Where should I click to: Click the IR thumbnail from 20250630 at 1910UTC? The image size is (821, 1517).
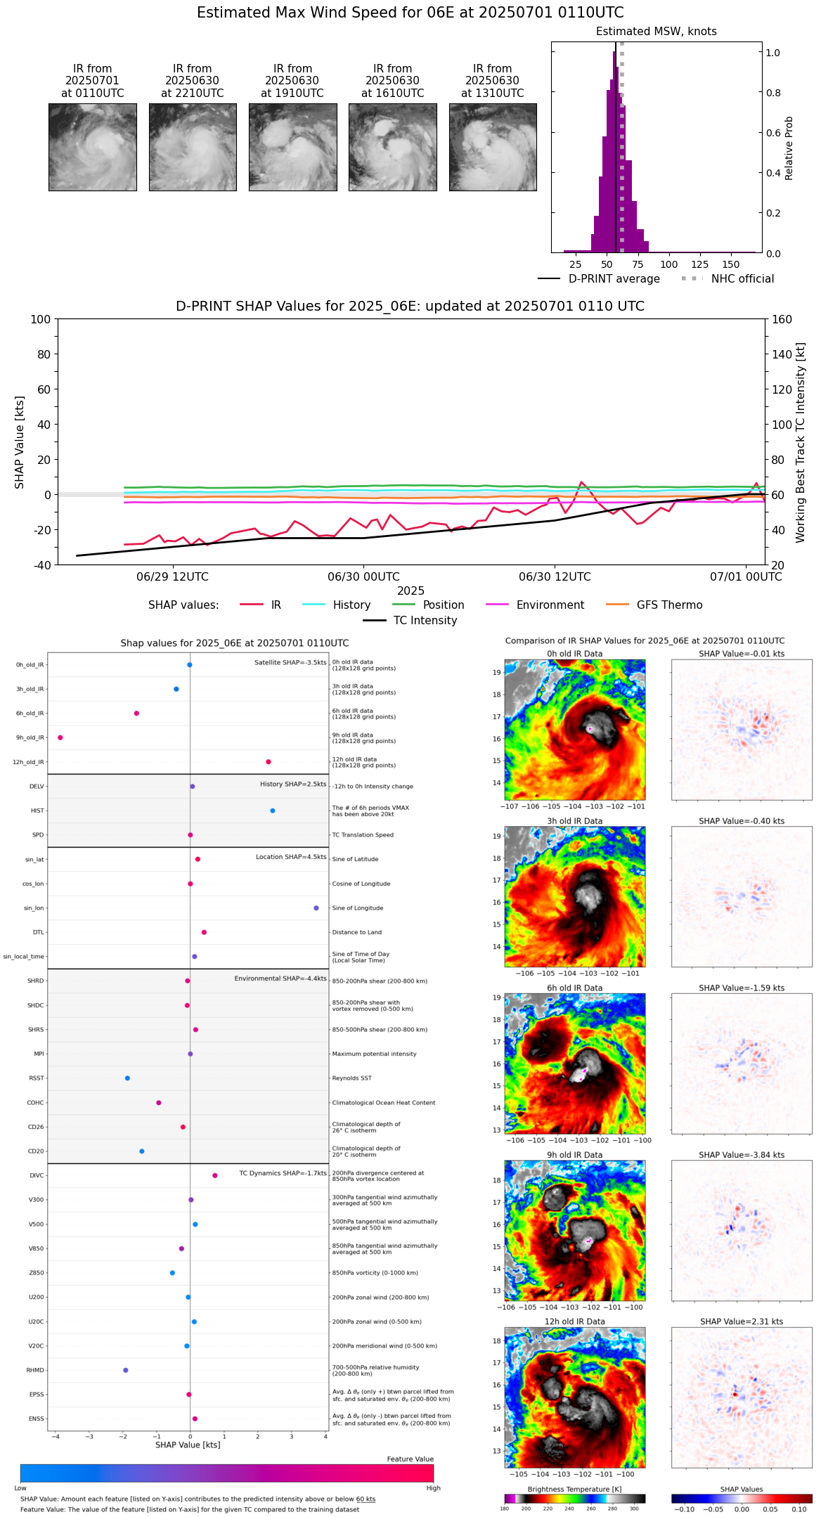click(x=292, y=147)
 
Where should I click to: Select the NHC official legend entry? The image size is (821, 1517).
click(x=742, y=279)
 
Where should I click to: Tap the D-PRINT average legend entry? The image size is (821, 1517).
click(x=614, y=279)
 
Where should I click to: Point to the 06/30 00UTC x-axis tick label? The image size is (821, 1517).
click(x=363, y=577)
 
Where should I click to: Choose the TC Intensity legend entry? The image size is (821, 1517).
click(x=425, y=621)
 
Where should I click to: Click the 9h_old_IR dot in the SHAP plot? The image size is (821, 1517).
click(x=60, y=737)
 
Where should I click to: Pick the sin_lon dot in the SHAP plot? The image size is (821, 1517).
click(x=316, y=908)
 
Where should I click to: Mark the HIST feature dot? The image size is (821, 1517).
click(x=273, y=811)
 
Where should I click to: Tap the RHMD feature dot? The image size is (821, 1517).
click(x=126, y=1370)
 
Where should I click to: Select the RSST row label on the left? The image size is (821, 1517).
click(x=36, y=1078)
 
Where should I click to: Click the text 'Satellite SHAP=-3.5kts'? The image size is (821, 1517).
click(x=290, y=662)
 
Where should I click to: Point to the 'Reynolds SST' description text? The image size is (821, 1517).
click(x=351, y=1078)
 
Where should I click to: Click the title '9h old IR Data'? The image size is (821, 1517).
click(x=574, y=1155)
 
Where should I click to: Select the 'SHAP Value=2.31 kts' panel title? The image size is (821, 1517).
click(x=741, y=1322)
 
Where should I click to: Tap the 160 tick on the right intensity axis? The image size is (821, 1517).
click(x=782, y=319)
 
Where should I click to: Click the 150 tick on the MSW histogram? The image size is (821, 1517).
click(x=731, y=265)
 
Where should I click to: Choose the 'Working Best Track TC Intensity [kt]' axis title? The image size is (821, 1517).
click(x=801, y=443)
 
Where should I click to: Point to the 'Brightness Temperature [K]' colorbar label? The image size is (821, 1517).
click(x=574, y=1489)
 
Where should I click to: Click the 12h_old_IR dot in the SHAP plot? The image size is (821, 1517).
click(x=269, y=762)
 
